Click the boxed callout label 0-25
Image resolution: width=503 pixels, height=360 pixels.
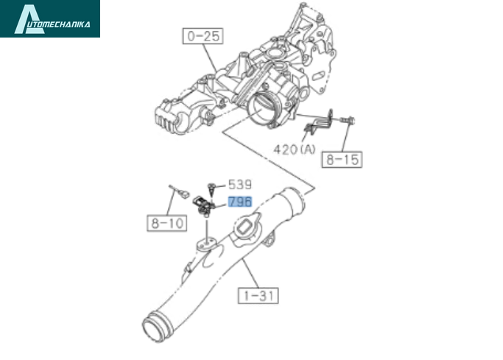[x=203, y=36]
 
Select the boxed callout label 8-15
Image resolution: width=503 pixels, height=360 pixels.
[x=342, y=159]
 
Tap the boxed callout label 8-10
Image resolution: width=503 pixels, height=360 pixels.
[x=167, y=223]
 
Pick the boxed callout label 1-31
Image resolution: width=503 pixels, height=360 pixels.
[x=258, y=295]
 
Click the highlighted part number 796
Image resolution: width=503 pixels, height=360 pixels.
[x=240, y=202]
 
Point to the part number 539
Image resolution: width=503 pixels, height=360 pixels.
[x=240, y=185]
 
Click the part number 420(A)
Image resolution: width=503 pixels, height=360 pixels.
[x=295, y=149]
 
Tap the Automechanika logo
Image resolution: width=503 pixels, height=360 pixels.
[x=50, y=18]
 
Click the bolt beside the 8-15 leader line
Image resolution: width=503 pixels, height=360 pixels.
[x=348, y=121]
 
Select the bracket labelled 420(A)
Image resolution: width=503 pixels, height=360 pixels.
[x=318, y=122]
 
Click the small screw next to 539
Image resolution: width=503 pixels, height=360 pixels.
[x=211, y=189]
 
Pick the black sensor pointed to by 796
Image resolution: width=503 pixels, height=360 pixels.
[x=203, y=206]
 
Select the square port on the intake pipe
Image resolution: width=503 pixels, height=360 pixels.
[x=245, y=227]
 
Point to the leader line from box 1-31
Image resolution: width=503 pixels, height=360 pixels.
[x=250, y=273]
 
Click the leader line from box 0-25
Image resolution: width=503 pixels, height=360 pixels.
[x=211, y=57]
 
